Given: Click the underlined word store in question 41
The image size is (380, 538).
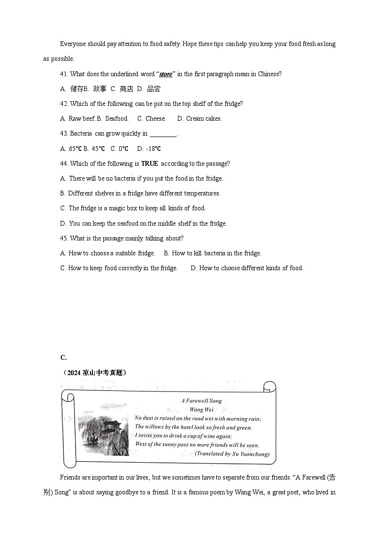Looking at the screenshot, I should [166, 74].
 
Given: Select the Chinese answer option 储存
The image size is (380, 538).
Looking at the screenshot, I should [77, 89].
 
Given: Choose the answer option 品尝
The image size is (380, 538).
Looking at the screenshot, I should [154, 89].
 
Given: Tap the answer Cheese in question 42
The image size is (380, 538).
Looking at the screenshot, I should [156, 119].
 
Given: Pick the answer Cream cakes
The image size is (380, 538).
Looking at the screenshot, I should [204, 119].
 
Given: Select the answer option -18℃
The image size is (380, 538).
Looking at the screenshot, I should [153, 149].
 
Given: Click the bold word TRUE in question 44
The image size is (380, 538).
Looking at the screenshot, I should [149, 164].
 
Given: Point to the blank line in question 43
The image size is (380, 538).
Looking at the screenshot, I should [163, 134].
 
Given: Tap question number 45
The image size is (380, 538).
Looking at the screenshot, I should [65, 239].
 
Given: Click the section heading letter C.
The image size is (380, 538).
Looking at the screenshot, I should [63, 357].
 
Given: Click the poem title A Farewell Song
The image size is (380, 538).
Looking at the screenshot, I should [201, 401].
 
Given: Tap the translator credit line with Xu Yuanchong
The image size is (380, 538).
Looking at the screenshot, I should [232, 454].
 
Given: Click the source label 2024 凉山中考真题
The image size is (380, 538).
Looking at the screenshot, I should [94, 372].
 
